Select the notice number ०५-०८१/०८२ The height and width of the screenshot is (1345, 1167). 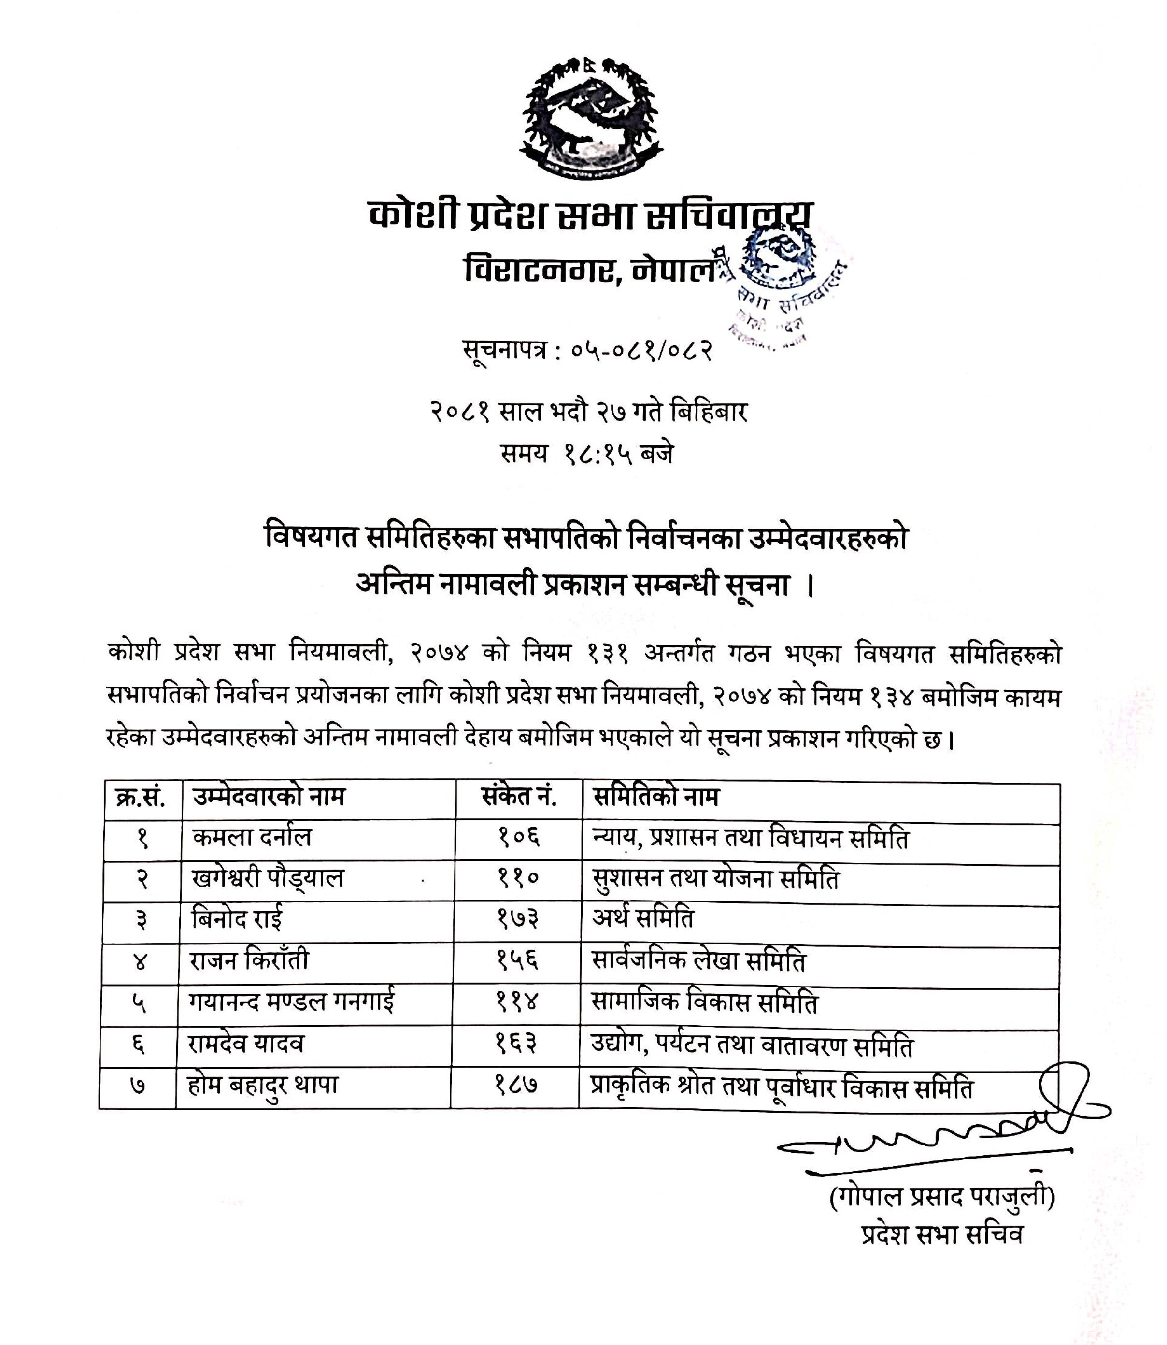pos(641,351)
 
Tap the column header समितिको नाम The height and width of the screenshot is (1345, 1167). pos(656,797)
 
